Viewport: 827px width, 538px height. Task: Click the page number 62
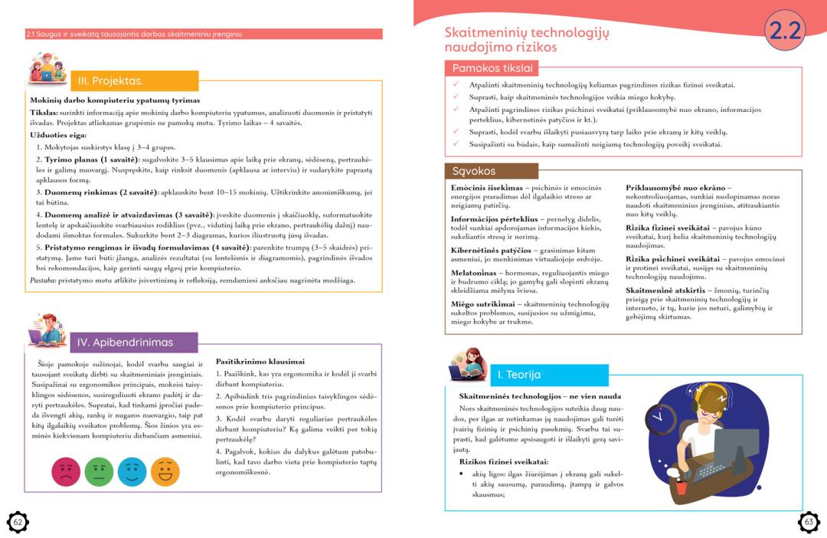[18, 522]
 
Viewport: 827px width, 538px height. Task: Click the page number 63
[809, 522]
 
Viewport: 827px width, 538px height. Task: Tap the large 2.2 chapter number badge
[785, 31]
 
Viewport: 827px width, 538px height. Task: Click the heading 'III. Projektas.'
[111, 80]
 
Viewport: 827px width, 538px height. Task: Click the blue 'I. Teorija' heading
[519, 375]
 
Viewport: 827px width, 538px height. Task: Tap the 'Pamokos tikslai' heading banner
[492, 68]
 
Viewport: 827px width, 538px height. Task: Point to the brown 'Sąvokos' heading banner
[474, 171]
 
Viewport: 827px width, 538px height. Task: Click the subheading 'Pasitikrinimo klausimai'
[260, 361]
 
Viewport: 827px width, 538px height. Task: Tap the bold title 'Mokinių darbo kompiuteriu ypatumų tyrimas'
[115, 100]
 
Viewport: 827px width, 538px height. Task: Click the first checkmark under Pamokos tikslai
[455, 84]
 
